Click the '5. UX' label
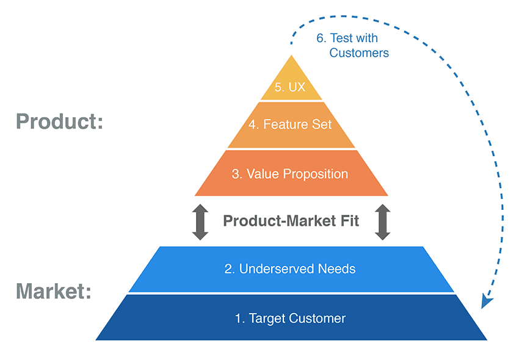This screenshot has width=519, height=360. pos(289,87)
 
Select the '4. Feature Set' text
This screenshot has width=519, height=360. pos(290,124)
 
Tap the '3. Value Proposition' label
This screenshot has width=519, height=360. pos(289,174)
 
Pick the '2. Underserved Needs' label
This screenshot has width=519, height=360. pos(289,268)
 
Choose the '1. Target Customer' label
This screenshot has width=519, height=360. pos(290,319)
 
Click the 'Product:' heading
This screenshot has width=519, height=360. pos(59,121)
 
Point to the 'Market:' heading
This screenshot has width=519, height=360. pos(54,291)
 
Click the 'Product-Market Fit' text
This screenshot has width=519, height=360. pos(291,221)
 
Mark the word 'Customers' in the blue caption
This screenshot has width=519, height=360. pos(359,53)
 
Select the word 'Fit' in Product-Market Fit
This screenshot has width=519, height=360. pos(348,221)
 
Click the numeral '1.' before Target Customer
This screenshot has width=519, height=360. pos(240,319)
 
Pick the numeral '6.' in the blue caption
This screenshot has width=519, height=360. pos(321,38)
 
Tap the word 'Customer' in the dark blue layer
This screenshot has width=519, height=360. pos(318,319)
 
